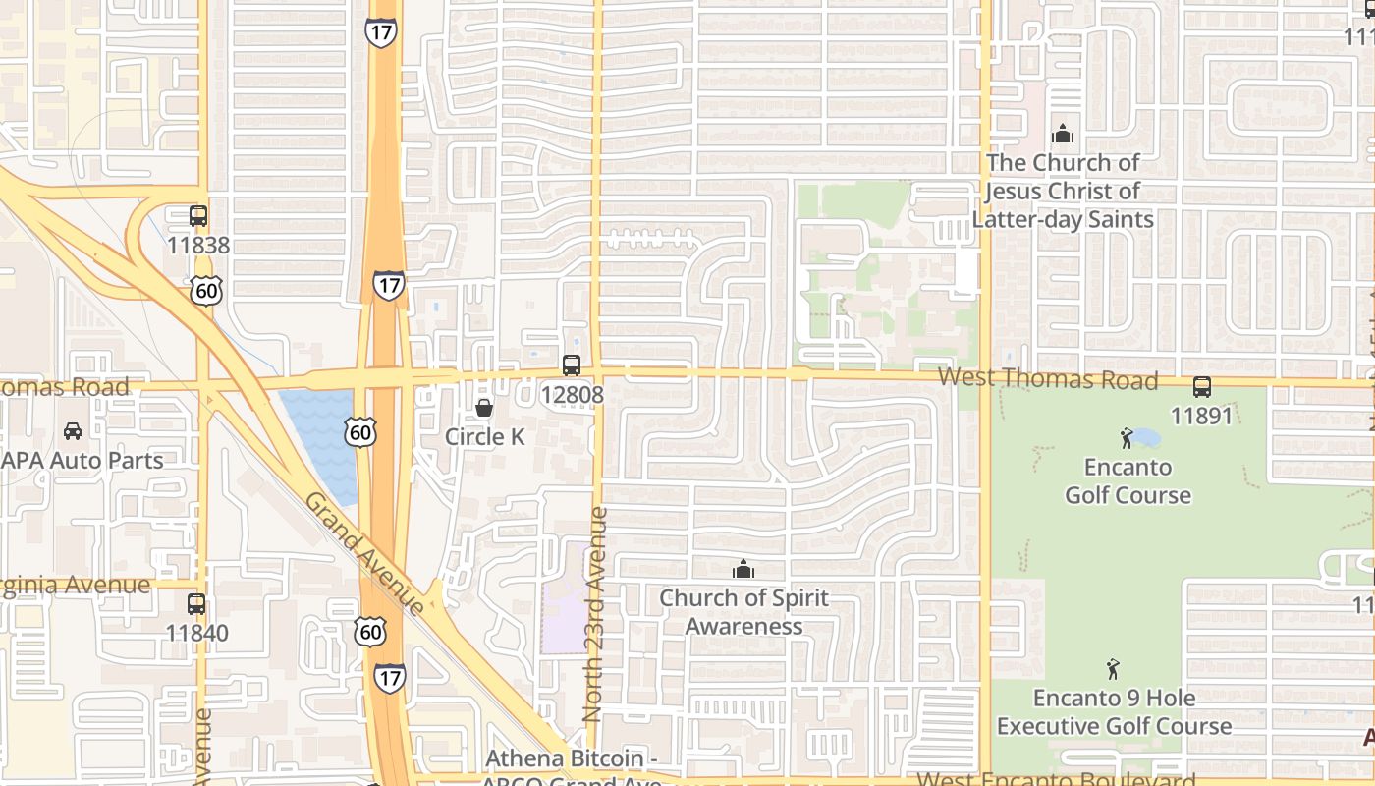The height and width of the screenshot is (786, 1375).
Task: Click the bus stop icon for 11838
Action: [x=198, y=216]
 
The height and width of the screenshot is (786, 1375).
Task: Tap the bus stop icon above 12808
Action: [x=572, y=365]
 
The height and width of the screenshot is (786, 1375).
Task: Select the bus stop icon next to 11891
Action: [x=1202, y=387]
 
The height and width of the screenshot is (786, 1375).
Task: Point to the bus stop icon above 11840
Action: [x=196, y=604]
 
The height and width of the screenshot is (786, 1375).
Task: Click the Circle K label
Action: [x=485, y=437]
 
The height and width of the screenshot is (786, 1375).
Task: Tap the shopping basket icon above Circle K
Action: [x=484, y=408]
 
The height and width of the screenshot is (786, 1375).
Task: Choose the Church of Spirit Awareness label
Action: [x=743, y=612]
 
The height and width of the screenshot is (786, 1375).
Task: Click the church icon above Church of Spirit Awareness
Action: [x=743, y=569]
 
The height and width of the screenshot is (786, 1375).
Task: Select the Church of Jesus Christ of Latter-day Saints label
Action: [x=1063, y=191]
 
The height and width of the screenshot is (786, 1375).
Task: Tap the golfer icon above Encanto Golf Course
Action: [x=1127, y=438]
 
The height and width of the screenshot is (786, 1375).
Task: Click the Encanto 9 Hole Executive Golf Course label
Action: [x=1114, y=712]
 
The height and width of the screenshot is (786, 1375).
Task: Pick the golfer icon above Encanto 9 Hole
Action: [x=1113, y=670]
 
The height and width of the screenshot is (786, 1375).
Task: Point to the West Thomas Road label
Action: [x=1048, y=379]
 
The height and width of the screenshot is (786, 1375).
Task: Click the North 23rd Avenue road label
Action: [x=596, y=615]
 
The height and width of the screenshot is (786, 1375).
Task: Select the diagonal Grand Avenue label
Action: [x=364, y=552]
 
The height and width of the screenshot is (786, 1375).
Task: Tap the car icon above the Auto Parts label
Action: [x=73, y=431]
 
